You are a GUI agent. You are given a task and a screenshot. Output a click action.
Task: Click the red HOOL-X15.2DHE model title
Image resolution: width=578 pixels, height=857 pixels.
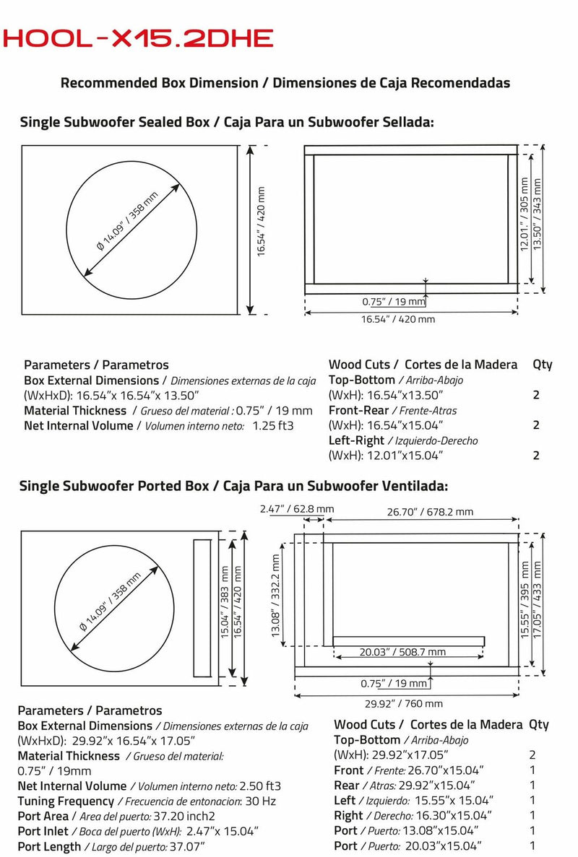tap(138, 38)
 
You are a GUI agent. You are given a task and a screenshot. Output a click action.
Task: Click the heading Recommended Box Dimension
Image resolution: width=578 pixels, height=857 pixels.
tap(285, 83)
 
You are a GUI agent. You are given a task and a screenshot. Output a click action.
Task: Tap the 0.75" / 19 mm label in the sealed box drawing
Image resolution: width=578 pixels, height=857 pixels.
tap(394, 302)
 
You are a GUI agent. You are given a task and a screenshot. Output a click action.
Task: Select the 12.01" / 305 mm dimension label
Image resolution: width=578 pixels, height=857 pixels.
tap(525, 214)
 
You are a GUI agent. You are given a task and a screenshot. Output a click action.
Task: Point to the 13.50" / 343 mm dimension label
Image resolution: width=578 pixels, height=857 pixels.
tap(537, 214)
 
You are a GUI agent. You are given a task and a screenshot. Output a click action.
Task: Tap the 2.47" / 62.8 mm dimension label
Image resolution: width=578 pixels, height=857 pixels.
tap(296, 509)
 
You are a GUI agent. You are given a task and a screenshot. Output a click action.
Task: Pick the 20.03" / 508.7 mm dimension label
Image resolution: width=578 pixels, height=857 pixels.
tap(402, 652)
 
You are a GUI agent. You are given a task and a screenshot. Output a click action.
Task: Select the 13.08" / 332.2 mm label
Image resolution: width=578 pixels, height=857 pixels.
tap(275, 596)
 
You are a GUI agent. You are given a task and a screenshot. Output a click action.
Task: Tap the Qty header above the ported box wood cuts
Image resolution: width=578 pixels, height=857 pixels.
tap(538, 724)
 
